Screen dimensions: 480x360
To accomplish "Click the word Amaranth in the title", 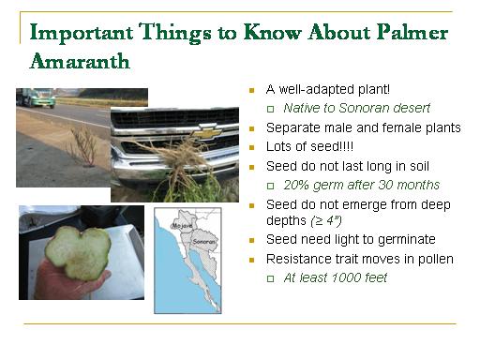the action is tap(80, 61).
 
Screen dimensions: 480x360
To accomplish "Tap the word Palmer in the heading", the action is tap(412, 32).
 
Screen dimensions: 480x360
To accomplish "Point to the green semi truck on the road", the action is tap(36, 97).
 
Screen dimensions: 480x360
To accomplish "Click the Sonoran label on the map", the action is tap(204, 242).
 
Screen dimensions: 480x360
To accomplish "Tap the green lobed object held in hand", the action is tap(78, 253).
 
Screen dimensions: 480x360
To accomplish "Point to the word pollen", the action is tap(436, 260).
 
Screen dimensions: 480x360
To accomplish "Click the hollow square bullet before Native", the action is tap(271, 109).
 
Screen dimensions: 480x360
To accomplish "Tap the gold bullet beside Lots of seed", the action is tap(252, 148).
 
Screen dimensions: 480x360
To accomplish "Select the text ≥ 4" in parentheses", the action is tap(325, 220).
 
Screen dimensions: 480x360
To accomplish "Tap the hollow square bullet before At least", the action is tap(271, 278).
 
